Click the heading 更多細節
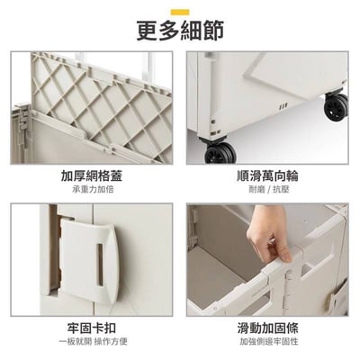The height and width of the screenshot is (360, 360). pos(180,31)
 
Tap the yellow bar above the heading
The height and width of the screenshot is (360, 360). pos(180,12)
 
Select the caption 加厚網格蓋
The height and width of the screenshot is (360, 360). pos(92,175)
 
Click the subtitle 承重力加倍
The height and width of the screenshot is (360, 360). pos(93,189)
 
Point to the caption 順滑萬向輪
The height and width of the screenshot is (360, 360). pos(267,175)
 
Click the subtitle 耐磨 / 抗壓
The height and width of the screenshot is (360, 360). pos(269,189)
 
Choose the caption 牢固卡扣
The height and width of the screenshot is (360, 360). pos(92,328)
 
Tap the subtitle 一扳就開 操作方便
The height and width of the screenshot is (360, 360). pos(93,341)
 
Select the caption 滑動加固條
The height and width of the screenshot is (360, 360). pos(267,328)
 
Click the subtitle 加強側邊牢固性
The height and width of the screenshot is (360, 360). pos(269,341)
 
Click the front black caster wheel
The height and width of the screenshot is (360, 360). pos(220,153)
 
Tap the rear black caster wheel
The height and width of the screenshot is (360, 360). pos(336,106)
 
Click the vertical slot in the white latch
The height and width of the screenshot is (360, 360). pos(100,265)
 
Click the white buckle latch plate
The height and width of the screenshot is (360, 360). pos(88,260)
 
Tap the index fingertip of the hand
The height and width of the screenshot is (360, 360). pos(285,257)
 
